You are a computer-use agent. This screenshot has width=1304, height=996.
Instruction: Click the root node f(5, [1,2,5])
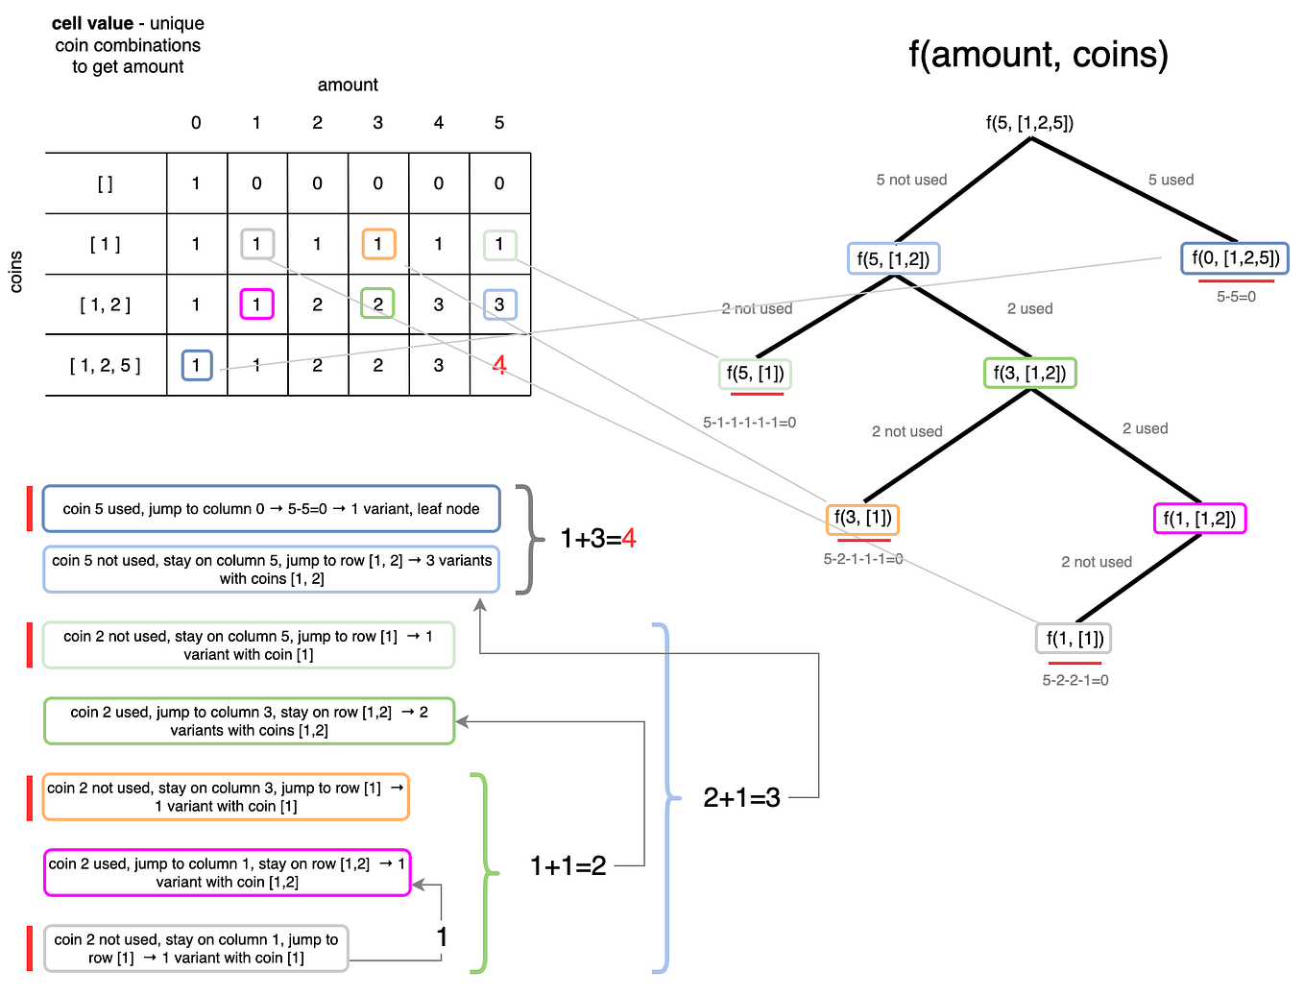[x=1029, y=123]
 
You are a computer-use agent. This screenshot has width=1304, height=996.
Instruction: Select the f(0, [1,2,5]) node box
[x=1235, y=257]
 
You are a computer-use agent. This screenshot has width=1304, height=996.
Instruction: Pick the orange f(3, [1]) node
[x=862, y=518]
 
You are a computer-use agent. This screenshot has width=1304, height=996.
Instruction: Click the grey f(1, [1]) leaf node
[x=1074, y=638]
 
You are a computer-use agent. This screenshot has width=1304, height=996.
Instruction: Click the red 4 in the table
[x=499, y=365]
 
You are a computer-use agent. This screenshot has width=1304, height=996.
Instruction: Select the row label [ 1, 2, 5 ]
[x=106, y=365]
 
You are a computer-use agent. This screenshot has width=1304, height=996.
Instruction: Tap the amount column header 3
[x=377, y=123]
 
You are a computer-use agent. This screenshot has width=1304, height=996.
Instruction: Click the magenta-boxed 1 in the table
[x=256, y=304]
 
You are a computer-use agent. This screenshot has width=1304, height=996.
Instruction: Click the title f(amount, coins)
[x=1038, y=55]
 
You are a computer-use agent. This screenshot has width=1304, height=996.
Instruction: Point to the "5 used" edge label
[x=1171, y=180]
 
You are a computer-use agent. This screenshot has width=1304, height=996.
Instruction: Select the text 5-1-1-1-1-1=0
[x=749, y=422]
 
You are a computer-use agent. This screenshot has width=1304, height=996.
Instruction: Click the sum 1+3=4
[x=597, y=539]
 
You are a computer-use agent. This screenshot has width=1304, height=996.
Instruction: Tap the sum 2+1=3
[x=741, y=797]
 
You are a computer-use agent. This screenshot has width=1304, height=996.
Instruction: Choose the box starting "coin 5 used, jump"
[x=271, y=509]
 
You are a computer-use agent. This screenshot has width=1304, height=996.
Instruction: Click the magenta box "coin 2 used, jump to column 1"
[x=227, y=872]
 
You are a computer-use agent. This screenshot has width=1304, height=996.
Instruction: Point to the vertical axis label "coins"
[x=15, y=272]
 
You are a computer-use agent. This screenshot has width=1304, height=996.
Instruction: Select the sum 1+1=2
[x=567, y=866]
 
